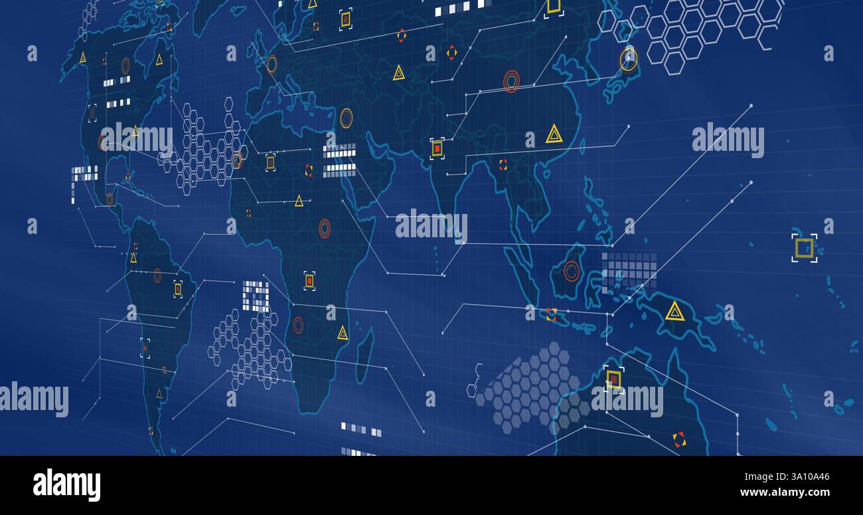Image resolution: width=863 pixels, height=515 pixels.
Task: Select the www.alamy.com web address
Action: point(783,493)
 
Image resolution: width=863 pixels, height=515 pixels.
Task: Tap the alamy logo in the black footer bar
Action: point(66,484)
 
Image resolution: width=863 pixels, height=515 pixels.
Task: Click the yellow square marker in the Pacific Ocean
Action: point(804,248)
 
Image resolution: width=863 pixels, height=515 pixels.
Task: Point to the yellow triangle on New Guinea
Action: point(674,311)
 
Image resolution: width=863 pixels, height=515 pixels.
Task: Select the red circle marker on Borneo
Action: point(572,270)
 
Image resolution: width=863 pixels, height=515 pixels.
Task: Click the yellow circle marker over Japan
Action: point(628,59)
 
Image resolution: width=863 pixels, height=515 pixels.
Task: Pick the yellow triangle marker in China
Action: point(554,134)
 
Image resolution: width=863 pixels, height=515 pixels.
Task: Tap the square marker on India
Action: point(437,148)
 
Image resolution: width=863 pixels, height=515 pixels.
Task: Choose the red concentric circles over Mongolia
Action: point(510,81)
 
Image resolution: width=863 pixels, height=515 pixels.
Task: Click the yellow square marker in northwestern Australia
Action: point(613,379)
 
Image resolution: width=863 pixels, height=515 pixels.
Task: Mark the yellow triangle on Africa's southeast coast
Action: point(343,333)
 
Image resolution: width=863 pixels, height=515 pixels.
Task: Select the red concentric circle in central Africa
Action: point(324,228)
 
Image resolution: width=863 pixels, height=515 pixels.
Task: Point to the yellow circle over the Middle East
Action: point(346,118)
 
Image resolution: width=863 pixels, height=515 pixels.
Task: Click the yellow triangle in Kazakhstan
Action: point(398,73)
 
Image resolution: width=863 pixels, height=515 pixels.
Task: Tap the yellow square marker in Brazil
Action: point(178,288)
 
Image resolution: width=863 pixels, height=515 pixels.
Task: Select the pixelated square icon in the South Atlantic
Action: point(256,296)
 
